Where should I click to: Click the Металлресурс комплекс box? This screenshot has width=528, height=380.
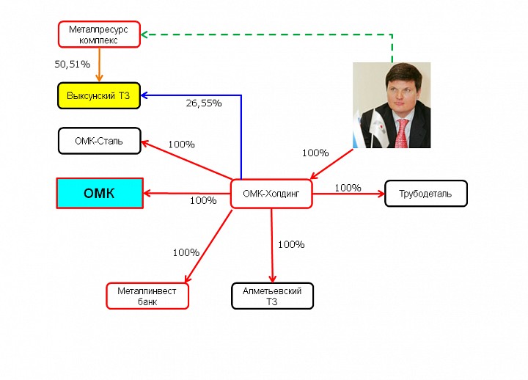click(x=99, y=34)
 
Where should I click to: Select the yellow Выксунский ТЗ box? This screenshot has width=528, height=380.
click(x=99, y=95)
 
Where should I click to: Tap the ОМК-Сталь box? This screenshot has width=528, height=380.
click(x=99, y=141)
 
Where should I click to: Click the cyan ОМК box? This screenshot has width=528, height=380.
click(x=100, y=194)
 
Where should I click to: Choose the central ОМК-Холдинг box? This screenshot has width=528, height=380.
click(x=271, y=194)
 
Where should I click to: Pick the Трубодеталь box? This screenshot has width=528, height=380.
click(x=426, y=194)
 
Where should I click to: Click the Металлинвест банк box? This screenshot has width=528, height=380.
click(x=147, y=296)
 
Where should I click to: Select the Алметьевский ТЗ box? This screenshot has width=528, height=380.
click(x=272, y=296)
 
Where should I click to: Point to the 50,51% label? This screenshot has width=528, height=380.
click(x=73, y=64)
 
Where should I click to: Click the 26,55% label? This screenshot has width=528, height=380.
click(x=204, y=103)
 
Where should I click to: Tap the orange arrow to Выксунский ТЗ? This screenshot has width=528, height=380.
click(x=99, y=65)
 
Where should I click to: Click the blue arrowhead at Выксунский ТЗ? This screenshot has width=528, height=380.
click(x=144, y=95)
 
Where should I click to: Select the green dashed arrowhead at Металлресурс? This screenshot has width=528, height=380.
click(x=144, y=34)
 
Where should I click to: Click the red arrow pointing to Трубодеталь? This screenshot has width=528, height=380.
click(x=348, y=194)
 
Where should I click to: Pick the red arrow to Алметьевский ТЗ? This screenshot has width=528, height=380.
click(x=272, y=246)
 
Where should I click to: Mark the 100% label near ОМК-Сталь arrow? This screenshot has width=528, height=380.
click(x=182, y=145)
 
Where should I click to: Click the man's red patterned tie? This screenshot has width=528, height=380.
click(x=402, y=134)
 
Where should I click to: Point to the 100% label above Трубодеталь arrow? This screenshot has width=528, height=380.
click(x=348, y=188)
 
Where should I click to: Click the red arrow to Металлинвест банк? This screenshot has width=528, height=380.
click(x=208, y=246)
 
